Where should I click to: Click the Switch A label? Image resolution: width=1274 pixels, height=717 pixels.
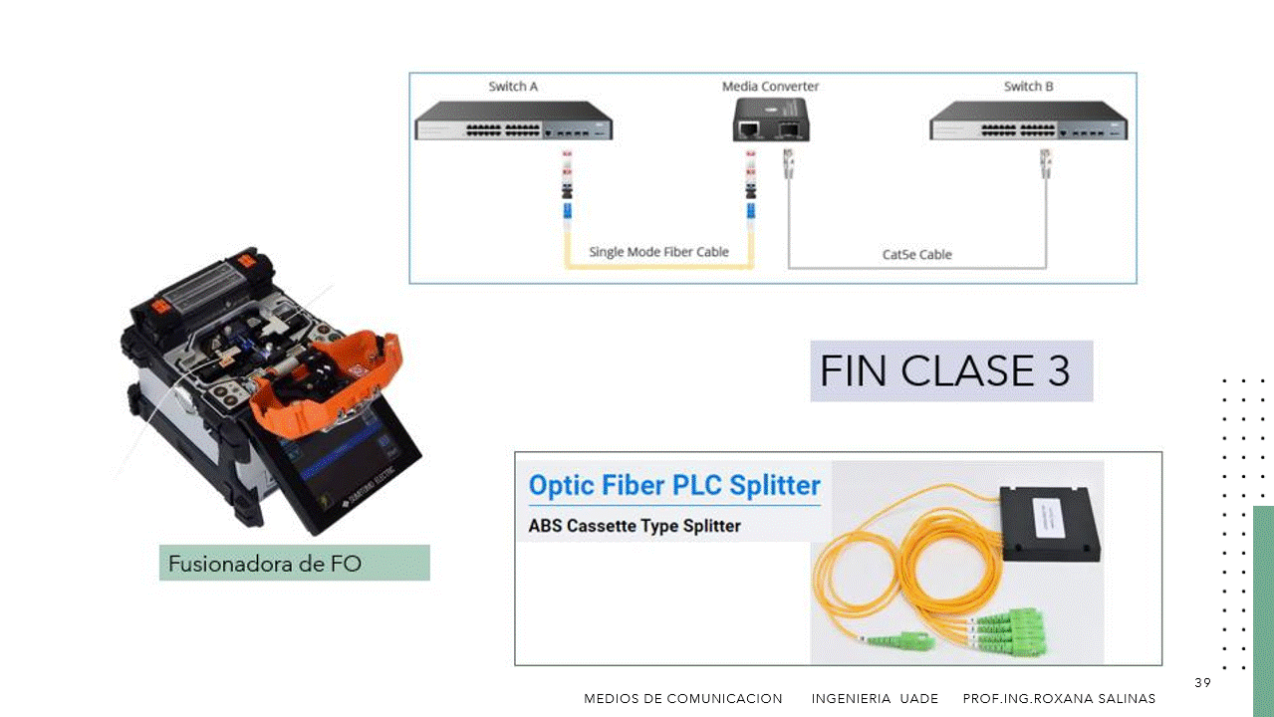(x=513, y=87)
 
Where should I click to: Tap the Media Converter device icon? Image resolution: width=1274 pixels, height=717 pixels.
(x=770, y=126)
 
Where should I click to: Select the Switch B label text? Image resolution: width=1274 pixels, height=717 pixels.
(x=1028, y=87)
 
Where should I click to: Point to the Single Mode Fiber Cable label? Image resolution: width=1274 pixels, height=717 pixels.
(x=658, y=252)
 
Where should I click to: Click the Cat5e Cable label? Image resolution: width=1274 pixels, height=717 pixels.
(x=916, y=255)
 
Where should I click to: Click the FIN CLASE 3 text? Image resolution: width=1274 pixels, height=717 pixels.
(x=944, y=371)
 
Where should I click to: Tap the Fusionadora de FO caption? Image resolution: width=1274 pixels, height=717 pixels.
(x=265, y=564)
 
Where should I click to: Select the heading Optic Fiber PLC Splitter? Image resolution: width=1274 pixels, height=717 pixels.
(x=674, y=485)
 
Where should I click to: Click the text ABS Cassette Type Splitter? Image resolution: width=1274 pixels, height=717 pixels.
(x=634, y=525)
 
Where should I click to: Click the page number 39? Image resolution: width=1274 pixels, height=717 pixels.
(x=1202, y=682)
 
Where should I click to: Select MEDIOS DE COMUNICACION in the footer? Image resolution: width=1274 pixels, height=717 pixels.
(x=682, y=699)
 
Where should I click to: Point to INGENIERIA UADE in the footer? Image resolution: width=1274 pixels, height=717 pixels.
(x=875, y=699)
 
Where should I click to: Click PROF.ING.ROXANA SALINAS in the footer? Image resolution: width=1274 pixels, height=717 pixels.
(x=1059, y=699)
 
